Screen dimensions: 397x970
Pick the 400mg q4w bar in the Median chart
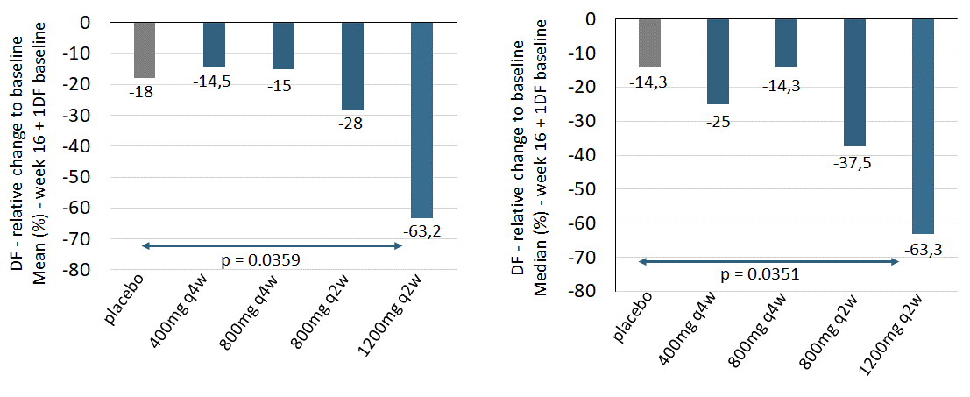coord(718,61)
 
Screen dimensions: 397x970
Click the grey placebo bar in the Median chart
coord(649,43)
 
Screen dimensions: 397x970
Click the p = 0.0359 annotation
coord(273,260)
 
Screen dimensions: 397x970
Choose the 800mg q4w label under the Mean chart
coord(266,316)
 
